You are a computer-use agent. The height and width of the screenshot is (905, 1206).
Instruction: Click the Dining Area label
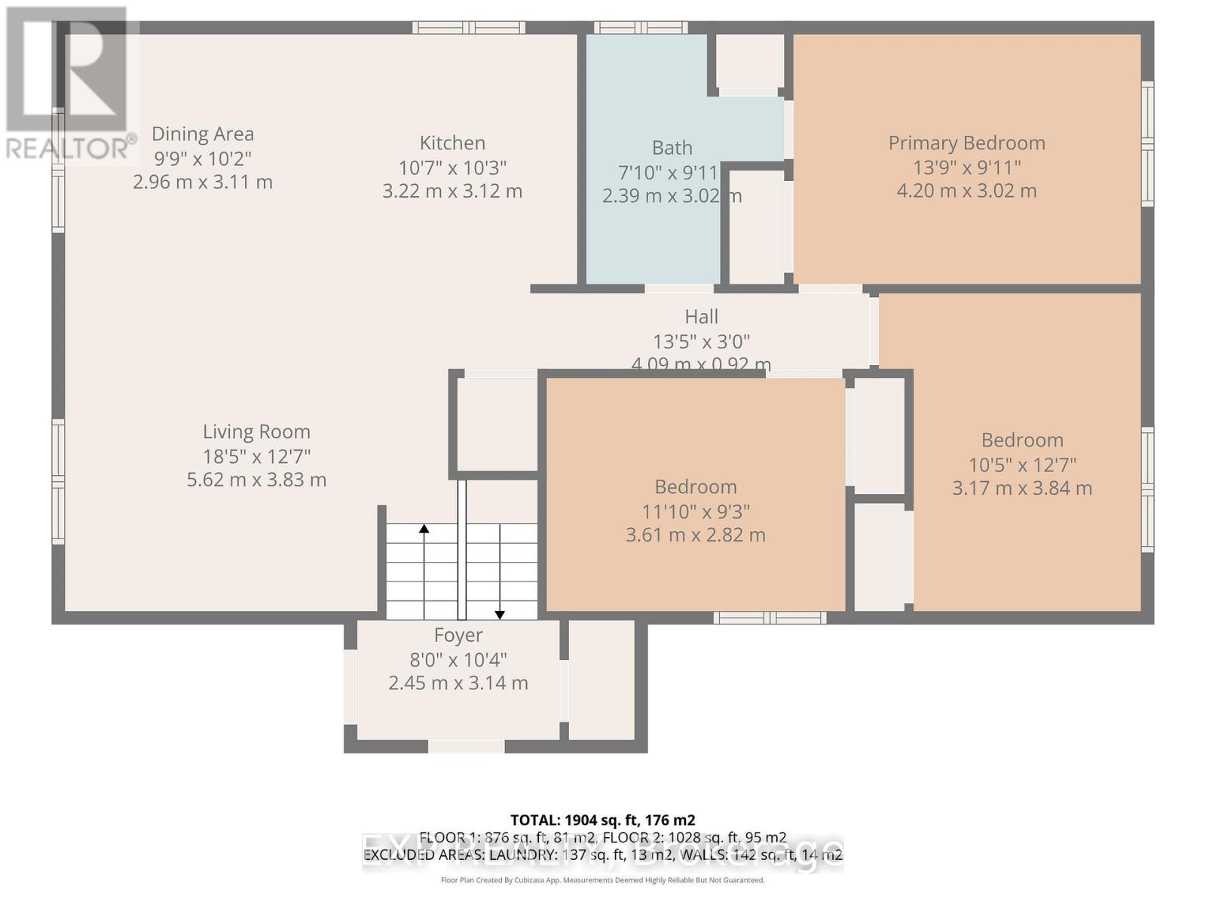[x=202, y=134]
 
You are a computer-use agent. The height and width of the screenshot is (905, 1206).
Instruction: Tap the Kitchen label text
[x=452, y=143]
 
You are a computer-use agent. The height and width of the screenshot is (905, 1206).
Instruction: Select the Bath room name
[x=672, y=148]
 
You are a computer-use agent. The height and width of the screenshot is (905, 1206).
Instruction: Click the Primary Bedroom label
[x=966, y=143]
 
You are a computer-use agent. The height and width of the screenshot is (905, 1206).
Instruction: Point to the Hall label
[x=701, y=317]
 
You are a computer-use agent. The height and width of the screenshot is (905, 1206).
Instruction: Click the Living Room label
[x=256, y=431]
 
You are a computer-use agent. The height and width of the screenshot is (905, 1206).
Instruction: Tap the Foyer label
[x=458, y=635]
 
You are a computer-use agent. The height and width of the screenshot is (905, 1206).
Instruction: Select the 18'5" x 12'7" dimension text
[x=256, y=456]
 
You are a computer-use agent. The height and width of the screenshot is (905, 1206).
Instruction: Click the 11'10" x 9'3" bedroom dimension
[x=695, y=511]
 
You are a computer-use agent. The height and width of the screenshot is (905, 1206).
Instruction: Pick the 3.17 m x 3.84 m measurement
[x=1021, y=488]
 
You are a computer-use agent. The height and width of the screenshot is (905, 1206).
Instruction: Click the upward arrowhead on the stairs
[x=424, y=529]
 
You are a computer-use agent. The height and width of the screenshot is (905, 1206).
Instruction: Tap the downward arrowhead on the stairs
[x=500, y=615]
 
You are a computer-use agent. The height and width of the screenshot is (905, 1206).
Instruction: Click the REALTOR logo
[x=69, y=83]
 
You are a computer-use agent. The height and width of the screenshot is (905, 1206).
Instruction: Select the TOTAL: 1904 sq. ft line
[x=602, y=820]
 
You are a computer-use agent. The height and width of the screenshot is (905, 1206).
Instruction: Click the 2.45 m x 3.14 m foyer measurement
[x=458, y=683]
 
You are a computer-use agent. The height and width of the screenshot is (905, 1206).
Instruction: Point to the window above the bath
[x=640, y=28]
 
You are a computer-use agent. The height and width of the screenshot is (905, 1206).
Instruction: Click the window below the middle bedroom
[x=770, y=618]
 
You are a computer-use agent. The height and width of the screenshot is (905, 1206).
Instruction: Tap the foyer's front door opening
[x=466, y=747]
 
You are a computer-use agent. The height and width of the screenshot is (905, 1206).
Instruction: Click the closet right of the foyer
[x=601, y=679]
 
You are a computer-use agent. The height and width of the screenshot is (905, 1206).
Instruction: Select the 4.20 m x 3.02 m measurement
[x=966, y=191]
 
